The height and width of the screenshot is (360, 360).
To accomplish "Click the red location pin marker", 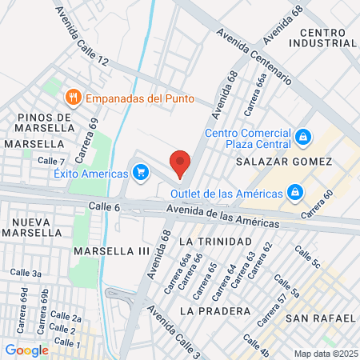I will (180, 162).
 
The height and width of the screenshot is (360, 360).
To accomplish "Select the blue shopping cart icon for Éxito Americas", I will (141, 172).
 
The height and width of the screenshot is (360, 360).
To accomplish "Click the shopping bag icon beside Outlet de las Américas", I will (295, 193).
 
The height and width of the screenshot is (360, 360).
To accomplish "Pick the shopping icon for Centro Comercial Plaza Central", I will (303, 138).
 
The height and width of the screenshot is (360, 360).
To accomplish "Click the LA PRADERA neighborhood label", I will (210, 310).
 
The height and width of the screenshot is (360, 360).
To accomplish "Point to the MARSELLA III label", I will (112, 250).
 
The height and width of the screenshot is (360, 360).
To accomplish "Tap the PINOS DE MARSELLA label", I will (45, 123).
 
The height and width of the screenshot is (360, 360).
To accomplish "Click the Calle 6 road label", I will (105, 206).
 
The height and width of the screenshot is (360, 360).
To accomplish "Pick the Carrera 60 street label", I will (317, 206).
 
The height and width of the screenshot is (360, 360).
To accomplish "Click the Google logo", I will (27, 350).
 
